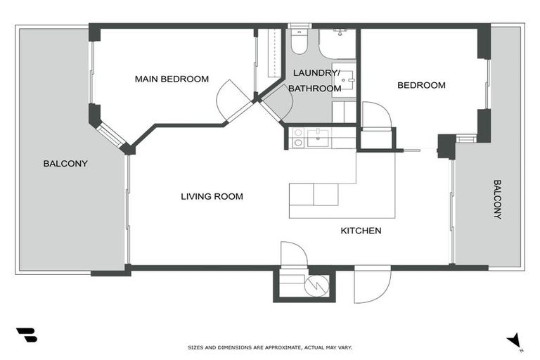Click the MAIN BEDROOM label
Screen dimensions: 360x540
tap(172, 79)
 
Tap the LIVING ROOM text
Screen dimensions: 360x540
tap(212, 196)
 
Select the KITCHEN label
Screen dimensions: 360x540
tap(361, 231)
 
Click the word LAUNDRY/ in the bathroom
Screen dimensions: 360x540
tap(316, 73)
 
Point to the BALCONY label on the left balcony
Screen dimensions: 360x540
tap(65, 163)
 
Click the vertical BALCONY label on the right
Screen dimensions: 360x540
tap(497, 200)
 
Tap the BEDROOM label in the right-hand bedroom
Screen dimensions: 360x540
tap(421, 85)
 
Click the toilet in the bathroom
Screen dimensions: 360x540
tap(299, 42)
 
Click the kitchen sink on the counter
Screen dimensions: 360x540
tap(318, 137)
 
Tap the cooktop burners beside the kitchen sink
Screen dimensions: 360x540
tap(297, 138)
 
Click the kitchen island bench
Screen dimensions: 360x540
tap(314, 194)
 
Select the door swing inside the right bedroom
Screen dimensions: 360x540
tap(375, 115)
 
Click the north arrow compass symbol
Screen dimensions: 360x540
tap(515, 340)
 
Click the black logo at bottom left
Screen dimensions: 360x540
tap(26, 335)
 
